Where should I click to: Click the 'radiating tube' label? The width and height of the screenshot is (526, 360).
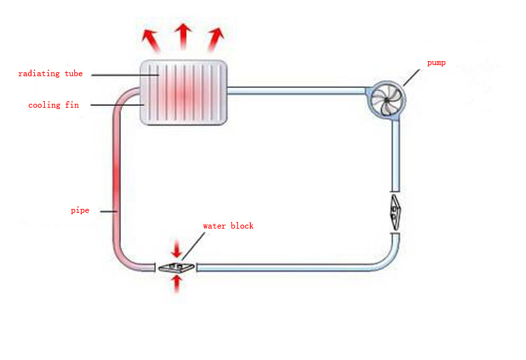tap(50, 74)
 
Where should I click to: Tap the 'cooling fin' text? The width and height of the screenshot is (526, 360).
tap(53, 105)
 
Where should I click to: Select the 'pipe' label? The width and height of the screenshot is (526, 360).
tap(80, 210)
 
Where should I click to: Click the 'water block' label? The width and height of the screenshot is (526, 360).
tap(227, 226)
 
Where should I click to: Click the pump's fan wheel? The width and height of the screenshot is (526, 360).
tap(386, 100)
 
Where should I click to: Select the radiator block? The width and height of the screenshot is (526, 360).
tap(184, 92)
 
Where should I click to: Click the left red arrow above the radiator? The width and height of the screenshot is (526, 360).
tap(151, 41)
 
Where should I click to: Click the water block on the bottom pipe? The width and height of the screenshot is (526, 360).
tap(176, 267)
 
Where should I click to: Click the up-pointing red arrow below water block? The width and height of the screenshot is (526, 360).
tap(176, 284)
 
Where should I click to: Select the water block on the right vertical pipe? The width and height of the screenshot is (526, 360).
tap(394, 211)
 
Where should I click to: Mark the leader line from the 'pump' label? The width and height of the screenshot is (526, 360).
tap(414, 76)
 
